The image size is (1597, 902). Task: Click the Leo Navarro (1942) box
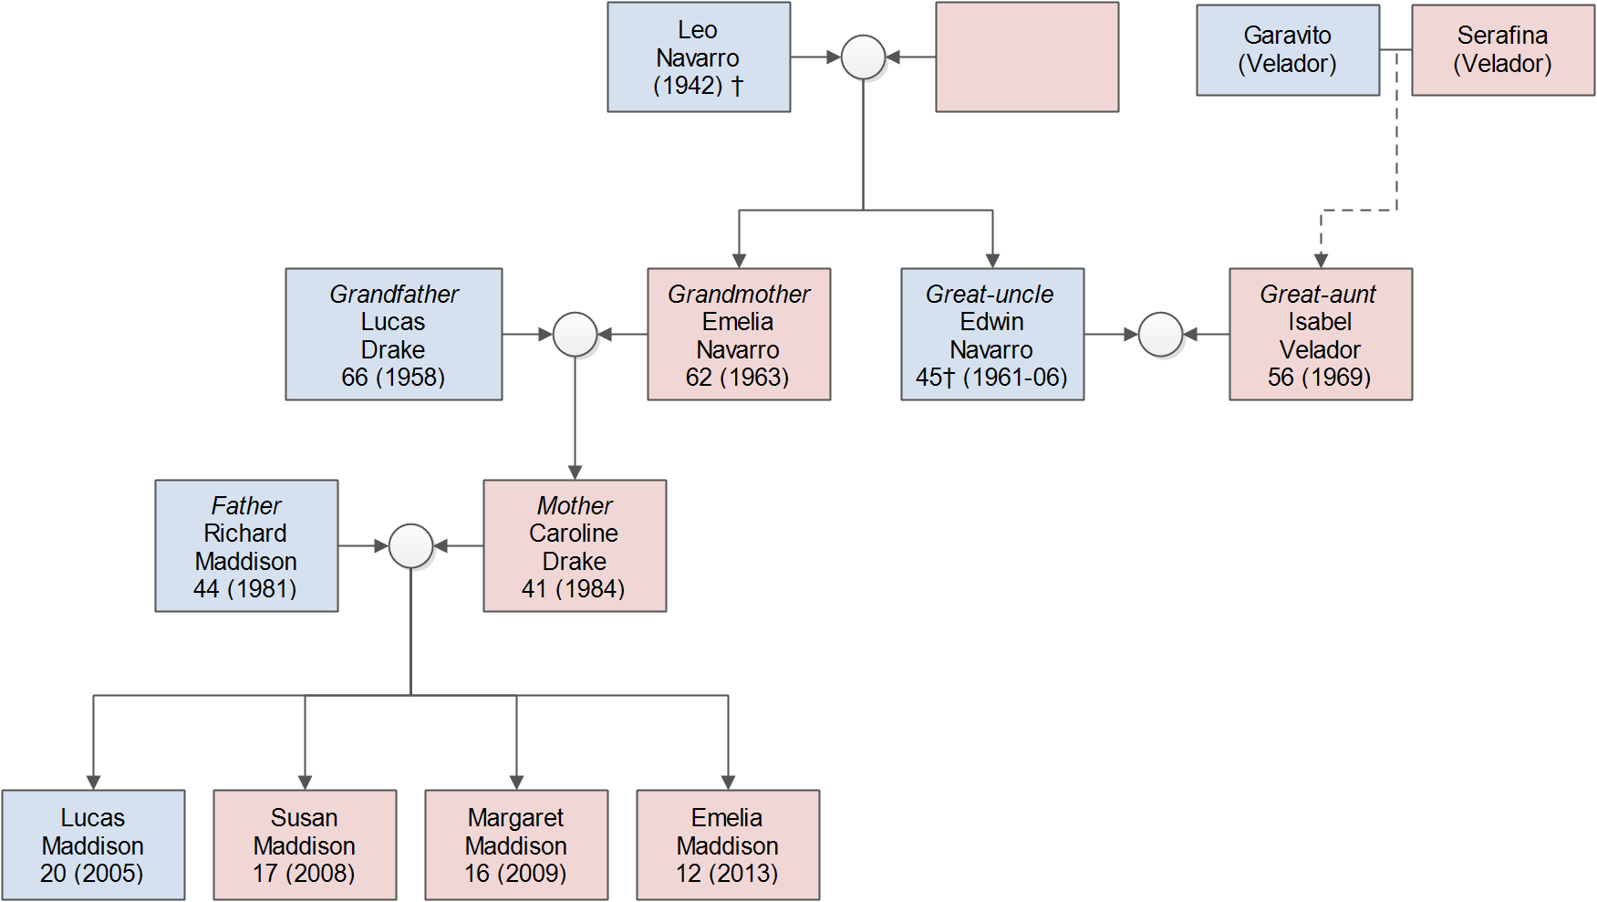click(699, 57)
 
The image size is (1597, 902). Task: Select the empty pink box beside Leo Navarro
click(1027, 57)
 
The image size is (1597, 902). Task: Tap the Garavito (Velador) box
click(1287, 50)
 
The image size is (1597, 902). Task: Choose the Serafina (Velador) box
click(1502, 50)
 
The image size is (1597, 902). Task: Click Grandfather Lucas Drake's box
click(393, 335)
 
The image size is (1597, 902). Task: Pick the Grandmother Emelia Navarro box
click(738, 335)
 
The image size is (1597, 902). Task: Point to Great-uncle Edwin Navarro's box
click(991, 335)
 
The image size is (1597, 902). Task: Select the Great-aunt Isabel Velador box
click(1320, 335)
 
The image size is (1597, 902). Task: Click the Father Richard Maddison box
click(246, 546)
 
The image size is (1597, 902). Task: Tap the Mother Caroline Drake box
click(575, 546)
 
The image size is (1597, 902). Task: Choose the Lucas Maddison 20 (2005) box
click(93, 845)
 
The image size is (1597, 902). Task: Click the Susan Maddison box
click(305, 845)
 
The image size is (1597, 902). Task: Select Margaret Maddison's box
click(516, 845)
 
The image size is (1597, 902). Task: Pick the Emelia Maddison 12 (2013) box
click(728, 845)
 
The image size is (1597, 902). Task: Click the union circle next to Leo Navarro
click(863, 57)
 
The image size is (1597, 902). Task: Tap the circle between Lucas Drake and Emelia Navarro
click(575, 335)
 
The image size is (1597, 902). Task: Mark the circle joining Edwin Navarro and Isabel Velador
click(1161, 335)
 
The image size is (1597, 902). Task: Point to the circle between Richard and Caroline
click(410, 546)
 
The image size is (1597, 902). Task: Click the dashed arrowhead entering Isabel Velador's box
click(1321, 261)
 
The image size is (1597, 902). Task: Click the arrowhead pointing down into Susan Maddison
click(305, 782)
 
